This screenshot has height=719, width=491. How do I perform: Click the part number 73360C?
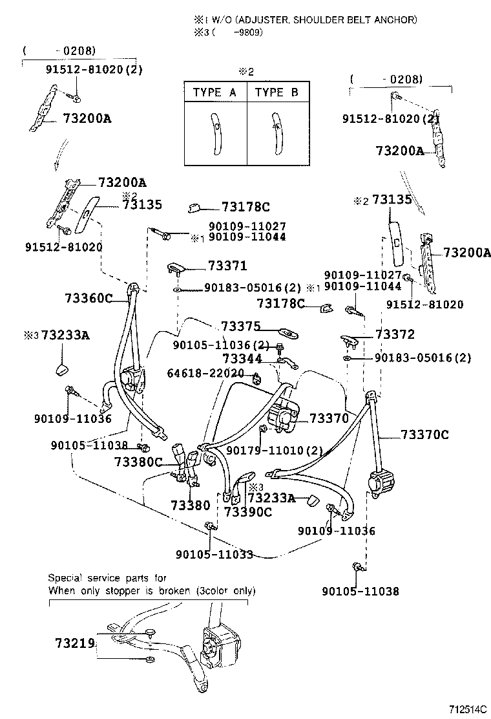tap(89, 297)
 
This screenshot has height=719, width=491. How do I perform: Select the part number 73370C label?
tap(424, 435)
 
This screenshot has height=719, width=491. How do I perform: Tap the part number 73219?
tap(75, 643)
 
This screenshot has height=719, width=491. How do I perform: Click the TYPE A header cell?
tap(214, 92)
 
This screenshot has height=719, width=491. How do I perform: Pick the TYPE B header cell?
tap(277, 92)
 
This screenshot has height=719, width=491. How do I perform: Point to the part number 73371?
tap(227, 266)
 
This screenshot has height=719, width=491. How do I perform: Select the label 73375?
tap(240, 327)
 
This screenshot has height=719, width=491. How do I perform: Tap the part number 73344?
tap(242, 358)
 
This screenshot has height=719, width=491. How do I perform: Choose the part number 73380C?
tap(138, 462)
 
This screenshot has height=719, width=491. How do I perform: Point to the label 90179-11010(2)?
tap(275, 450)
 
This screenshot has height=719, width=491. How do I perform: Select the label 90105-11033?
tap(214, 554)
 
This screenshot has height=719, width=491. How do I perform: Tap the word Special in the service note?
tap(67, 578)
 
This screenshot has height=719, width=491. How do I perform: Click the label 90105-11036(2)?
tap(222, 345)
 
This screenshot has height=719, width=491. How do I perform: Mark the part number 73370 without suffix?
tap(329, 418)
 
